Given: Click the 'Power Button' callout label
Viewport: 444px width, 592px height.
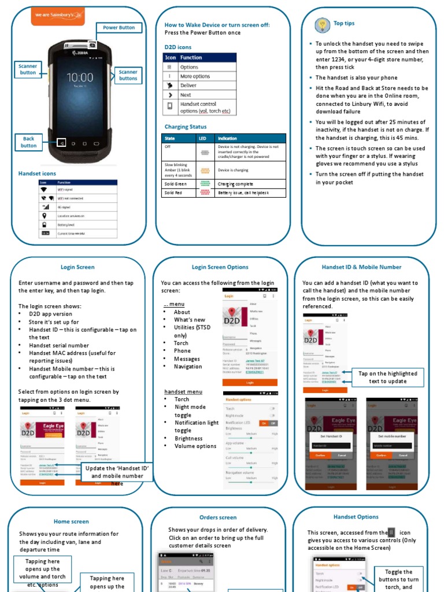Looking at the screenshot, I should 119,28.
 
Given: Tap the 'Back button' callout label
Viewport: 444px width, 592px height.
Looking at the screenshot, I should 29,142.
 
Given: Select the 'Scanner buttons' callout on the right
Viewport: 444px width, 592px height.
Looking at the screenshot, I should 128,75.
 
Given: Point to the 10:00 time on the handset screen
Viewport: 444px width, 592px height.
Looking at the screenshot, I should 80,77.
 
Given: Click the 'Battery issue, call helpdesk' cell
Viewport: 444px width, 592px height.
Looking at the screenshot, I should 250,193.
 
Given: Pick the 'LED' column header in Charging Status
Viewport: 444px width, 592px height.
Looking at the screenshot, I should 203,138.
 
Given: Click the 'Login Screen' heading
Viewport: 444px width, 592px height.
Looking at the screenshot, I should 77,267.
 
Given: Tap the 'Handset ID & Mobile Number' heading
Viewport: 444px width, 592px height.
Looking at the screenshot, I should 361,267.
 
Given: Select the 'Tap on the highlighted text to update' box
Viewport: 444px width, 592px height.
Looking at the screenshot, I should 387,378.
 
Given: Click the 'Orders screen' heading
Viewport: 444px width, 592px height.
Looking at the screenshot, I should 218,517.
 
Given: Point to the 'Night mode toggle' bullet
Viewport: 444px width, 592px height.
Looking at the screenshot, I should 190,411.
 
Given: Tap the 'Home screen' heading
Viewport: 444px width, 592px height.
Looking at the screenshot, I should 71,521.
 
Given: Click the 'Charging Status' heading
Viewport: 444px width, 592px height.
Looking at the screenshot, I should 186,127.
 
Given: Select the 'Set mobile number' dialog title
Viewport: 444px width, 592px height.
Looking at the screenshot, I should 393,436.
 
